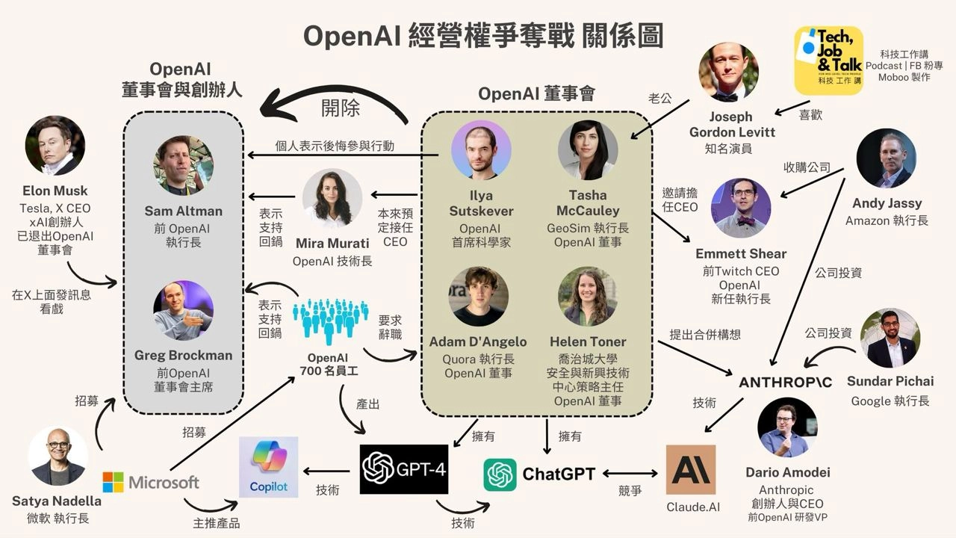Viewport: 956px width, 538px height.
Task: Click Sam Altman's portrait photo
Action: coord(184,165)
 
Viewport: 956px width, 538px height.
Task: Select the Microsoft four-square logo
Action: coord(113,482)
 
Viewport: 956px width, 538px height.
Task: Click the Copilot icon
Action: coord(268,467)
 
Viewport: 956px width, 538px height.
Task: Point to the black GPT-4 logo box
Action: coord(404,469)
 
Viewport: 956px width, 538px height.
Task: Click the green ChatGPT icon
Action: coord(500,474)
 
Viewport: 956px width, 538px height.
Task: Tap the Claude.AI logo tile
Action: coord(691,470)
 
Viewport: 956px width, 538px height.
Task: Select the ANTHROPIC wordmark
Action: coord(785,383)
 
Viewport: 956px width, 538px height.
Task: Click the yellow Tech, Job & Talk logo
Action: coord(828,61)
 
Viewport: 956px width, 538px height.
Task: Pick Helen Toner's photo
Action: coord(588,297)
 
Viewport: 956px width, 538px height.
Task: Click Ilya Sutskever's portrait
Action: coord(481,150)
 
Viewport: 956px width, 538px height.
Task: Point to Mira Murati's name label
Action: coord(332,243)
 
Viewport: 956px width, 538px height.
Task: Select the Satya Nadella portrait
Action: coord(58,457)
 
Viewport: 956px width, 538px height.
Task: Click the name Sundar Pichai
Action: coord(890,381)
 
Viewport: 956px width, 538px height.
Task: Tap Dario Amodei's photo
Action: coord(787,427)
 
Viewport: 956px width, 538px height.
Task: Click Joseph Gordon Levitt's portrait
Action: coord(728,72)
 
